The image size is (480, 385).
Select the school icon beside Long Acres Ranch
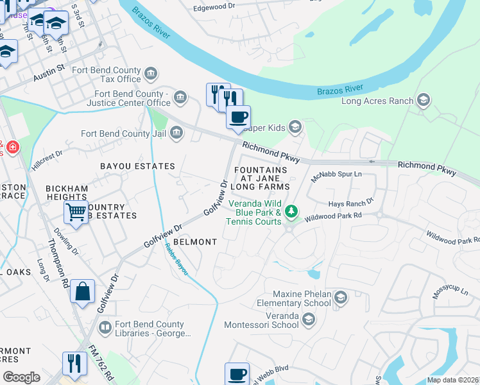click(423, 100)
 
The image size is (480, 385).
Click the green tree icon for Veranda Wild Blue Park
click(291, 210)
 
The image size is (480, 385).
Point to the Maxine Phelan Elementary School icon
click(340, 297)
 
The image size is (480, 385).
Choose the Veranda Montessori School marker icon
click(309, 320)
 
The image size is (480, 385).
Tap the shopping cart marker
click(76, 211)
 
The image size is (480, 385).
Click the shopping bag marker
click(82, 291)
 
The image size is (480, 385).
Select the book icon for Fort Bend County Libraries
click(105, 329)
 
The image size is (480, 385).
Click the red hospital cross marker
click(12, 149)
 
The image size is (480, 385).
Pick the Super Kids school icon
click(295, 126)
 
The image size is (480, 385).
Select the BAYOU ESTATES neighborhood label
click(137, 166)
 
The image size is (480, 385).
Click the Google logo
click(21, 377)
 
